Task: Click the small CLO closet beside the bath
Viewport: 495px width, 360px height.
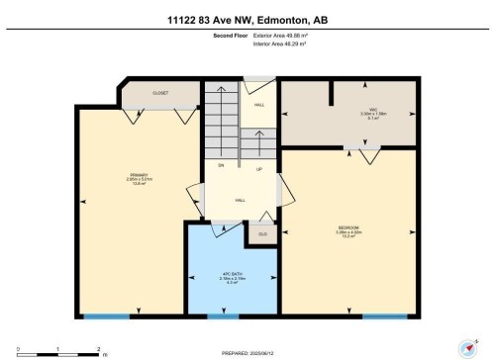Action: coord(263,234)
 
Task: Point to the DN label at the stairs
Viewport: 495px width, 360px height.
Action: coord(222,165)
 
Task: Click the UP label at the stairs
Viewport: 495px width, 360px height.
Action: coord(259,168)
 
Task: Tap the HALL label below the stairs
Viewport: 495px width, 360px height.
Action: coord(241,200)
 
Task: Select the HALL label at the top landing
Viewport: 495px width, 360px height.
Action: coord(259,104)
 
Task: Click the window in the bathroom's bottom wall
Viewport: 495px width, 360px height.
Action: coord(223,315)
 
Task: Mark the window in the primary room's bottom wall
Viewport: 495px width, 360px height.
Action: coord(106,315)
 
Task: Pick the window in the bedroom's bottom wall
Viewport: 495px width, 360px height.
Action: coord(385,315)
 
